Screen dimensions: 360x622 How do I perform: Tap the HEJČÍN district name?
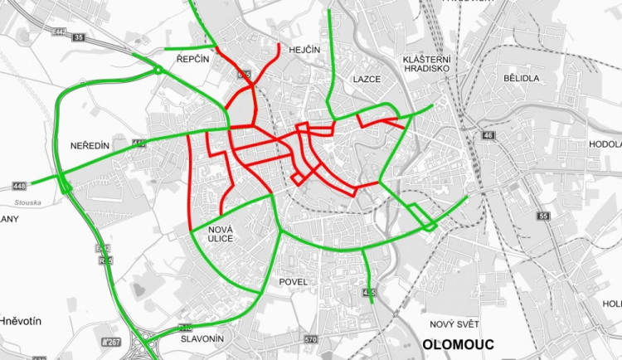point(304,51)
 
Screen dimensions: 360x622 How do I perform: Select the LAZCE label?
point(366,79)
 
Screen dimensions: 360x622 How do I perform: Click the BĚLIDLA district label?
point(521,77)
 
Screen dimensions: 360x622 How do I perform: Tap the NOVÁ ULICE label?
point(221,233)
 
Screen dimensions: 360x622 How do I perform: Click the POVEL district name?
point(294,282)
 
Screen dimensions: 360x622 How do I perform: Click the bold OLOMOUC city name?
point(458,344)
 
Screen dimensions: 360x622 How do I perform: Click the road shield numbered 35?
point(78,37)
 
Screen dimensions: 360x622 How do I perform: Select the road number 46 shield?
point(488,136)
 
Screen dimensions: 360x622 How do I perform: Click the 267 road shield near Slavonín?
point(109,342)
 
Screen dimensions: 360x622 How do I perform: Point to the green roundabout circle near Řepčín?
point(158,72)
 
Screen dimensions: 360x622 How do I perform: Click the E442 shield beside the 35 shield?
point(59,32)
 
